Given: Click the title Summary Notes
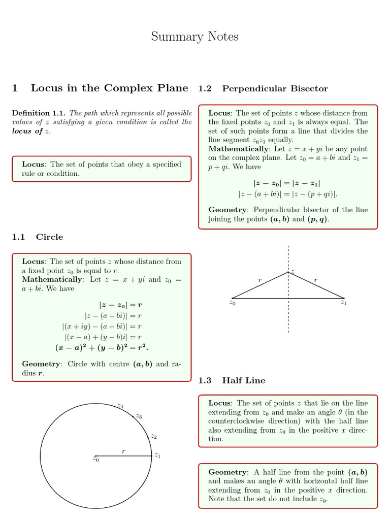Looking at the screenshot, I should point(194,37).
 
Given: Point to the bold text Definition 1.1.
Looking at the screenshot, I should point(39,113).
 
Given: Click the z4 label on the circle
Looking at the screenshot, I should point(120,406).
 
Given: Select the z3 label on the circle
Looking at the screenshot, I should point(139,416).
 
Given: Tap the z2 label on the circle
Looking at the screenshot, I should point(154,436).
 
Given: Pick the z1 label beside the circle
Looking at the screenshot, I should point(157,456).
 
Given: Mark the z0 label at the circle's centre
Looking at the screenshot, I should point(95,460).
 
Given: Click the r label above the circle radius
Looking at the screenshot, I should point(123,450).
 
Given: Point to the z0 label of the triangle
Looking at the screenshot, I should point(232,303).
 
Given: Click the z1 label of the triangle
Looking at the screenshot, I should point(344,303).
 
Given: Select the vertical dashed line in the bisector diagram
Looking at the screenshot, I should point(288,315).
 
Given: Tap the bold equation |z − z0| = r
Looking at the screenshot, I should point(120,305).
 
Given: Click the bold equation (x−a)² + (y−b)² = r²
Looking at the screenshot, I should point(102,348).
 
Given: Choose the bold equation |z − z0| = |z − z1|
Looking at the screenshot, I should point(287,183).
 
